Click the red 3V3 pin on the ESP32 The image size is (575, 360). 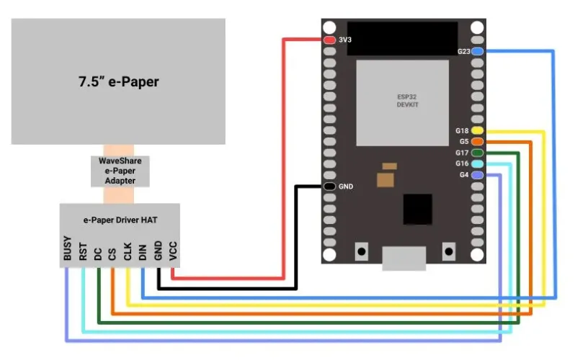click(330, 40)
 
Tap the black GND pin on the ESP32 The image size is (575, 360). click(330, 186)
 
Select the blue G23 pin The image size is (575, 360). click(478, 52)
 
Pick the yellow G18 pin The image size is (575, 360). click(478, 130)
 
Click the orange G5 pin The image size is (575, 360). click(478, 142)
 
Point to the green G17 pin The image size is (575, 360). click(478, 153)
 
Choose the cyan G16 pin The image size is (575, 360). click(478, 163)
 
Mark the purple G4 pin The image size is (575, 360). click(478, 175)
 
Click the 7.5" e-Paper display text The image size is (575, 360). click(118, 82)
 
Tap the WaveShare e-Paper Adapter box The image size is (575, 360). click(120, 171)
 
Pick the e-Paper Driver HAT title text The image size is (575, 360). click(120, 220)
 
